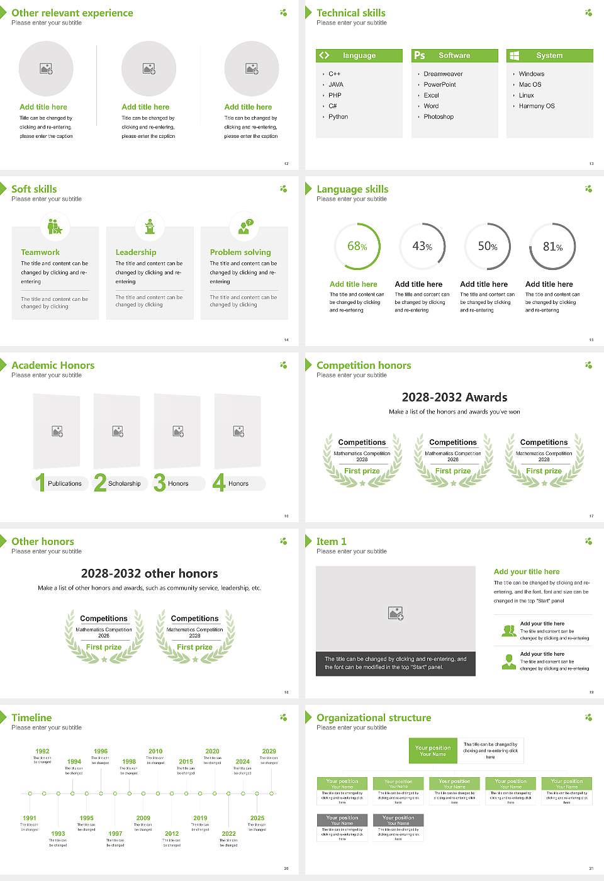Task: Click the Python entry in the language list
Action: click(x=338, y=117)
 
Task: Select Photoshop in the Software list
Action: click(x=439, y=117)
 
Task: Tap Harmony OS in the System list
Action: click(x=537, y=106)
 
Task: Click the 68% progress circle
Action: click(x=357, y=246)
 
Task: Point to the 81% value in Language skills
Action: click(x=552, y=247)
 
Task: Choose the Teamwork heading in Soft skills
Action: click(x=40, y=252)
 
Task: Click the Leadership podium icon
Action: click(x=150, y=226)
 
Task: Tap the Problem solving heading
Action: click(x=240, y=252)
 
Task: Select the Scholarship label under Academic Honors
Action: click(x=124, y=484)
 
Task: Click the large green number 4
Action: click(x=219, y=483)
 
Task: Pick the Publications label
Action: click(x=65, y=484)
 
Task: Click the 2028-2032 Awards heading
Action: click(x=454, y=397)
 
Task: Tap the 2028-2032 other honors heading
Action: click(x=150, y=573)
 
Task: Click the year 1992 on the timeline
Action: click(x=42, y=751)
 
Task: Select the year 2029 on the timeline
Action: click(x=269, y=751)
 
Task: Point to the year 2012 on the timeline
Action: click(x=172, y=834)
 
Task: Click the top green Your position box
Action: click(x=433, y=751)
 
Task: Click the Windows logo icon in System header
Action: click(x=514, y=55)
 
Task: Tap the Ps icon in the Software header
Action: click(x=420, y=55)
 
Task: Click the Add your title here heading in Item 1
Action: click(x=527, y=572)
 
